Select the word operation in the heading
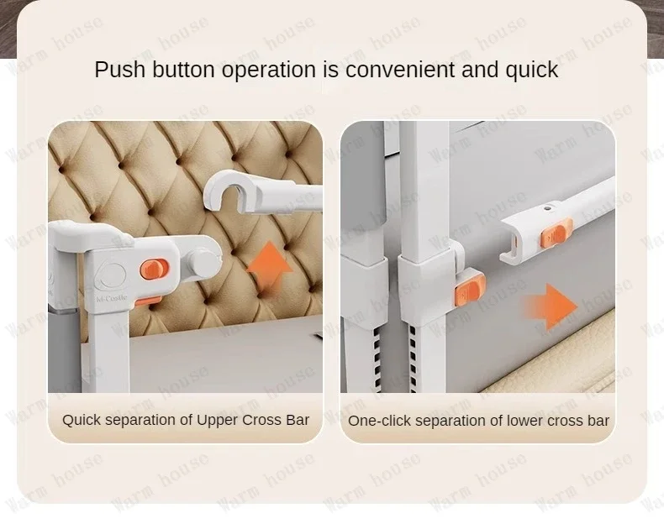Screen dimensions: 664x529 (x=269, y=71)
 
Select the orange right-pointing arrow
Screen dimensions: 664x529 (x=550, y=306)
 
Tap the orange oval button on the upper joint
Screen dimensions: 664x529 (x=155, y=270)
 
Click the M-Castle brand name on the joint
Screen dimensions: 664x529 (x=112, y=298)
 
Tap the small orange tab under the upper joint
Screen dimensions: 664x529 (x=148, y=301)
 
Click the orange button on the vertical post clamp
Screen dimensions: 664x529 (x=470, y=291)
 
